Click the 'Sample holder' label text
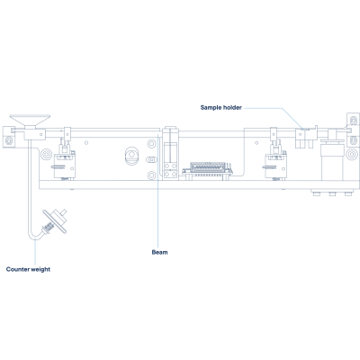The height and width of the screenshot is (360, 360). [221, 107]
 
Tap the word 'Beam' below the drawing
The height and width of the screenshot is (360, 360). [159, 252]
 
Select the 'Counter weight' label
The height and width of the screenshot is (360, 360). [28, 269]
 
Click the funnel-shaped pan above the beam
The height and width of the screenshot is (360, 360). [30, 121]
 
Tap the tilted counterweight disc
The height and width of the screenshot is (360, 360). [54, 220]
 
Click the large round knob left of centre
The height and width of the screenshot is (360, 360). [131, 156]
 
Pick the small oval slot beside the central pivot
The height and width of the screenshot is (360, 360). [152, 159]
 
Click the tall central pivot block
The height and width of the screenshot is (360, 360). [171, 153]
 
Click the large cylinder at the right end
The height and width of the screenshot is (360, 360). [331, 160]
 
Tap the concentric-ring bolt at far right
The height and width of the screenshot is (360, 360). [351, 155]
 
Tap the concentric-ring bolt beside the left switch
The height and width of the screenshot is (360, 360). [47, 155]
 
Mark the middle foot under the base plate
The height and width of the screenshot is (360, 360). [332, 193]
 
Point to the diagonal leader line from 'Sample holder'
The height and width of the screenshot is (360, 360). [293, 119]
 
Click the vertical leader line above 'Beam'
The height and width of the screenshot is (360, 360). [158, 192]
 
